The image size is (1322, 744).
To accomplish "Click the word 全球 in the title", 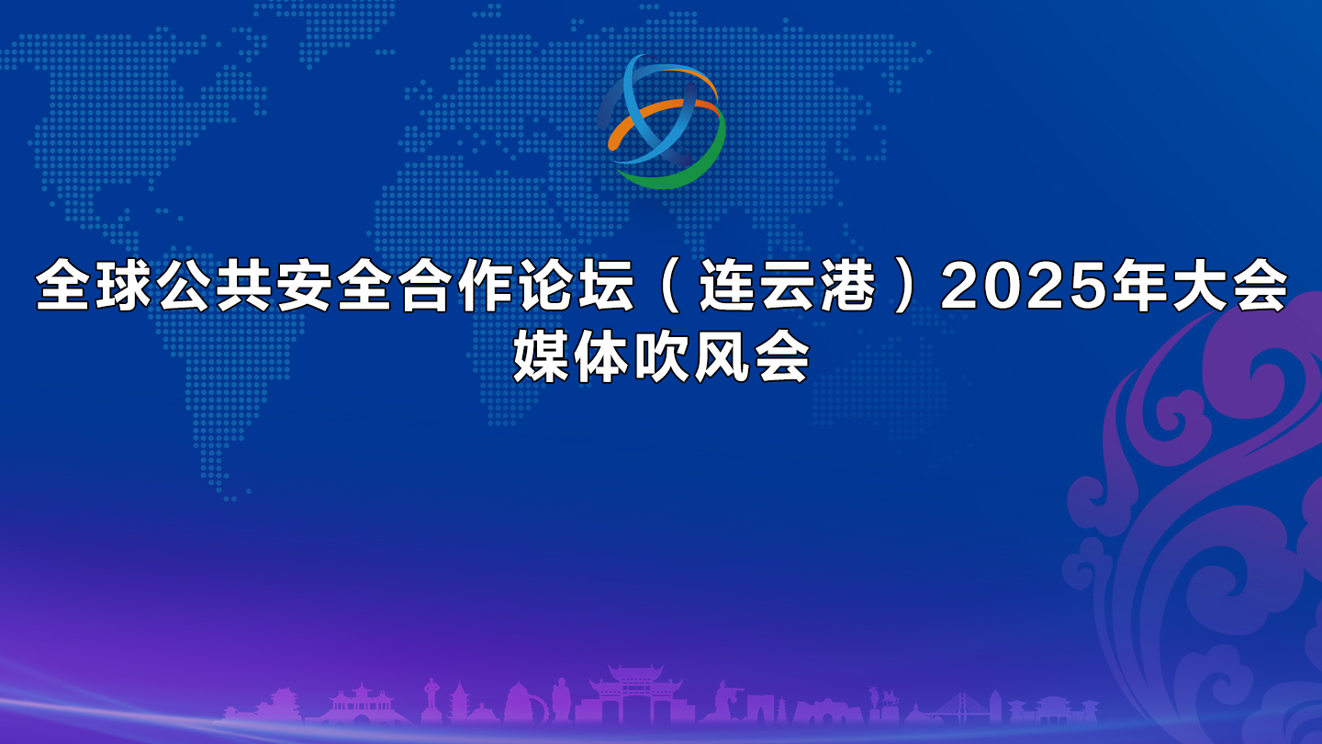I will coord(95,287).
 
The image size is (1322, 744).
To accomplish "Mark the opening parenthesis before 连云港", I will coord(670,287).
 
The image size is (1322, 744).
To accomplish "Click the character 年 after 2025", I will coord(1139,287).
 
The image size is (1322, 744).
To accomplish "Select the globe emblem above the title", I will coord(663,121).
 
